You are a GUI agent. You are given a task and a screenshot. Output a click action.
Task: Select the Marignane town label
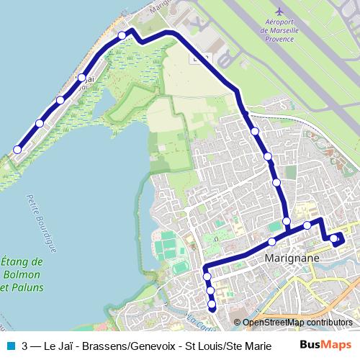click(x=292, y=257)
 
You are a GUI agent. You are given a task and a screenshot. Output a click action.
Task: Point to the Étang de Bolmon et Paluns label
click(x=22, y=275)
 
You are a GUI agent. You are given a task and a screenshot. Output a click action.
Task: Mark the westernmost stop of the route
click(x=17, y=150)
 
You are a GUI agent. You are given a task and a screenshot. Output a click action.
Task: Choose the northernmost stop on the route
click(x=122, y=35)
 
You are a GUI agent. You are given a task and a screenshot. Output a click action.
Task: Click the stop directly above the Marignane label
click(x=271, y=241)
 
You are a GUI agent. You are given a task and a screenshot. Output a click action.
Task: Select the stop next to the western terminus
click(x=40, y=124)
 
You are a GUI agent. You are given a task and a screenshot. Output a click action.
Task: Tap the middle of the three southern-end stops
click(x=210, y=290)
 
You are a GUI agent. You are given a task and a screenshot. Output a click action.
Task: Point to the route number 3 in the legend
click(x=25, y=346)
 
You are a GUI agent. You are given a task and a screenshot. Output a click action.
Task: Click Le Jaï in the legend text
click(x=58, y=346)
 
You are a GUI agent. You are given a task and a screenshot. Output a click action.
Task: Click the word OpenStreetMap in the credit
click(x=274, y=323)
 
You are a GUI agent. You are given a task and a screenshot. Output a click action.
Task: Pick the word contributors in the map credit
click(x=330, y=323)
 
